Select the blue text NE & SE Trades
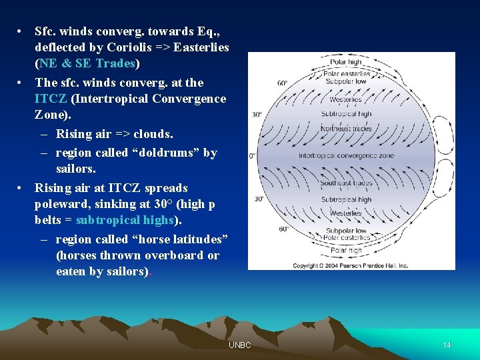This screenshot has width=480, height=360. (x=87, y=63)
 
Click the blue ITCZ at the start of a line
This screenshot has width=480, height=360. (x=51, y=99)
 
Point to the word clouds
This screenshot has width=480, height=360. (x=153, y=134)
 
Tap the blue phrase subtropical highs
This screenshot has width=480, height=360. (x=125, y=220)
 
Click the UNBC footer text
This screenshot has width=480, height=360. (x=239, y=345)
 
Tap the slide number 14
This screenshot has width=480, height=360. (x=447, y=345)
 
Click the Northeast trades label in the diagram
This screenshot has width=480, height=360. (x=346, y=128)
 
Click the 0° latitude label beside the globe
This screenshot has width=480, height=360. (x=253, y=155)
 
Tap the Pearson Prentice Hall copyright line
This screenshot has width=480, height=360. (x=350, y=265)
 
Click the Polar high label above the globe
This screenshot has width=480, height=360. (x=346, y=63)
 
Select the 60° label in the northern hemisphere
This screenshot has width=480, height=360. (x=282, y=84)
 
